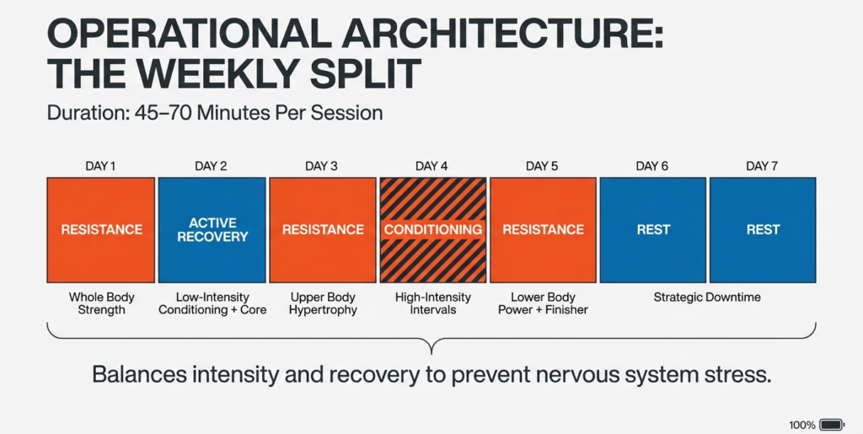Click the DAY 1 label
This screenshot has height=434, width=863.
(x=100, y=166)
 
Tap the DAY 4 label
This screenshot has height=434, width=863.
(x=432, y=166)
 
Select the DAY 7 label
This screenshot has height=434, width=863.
(x=762, y=166)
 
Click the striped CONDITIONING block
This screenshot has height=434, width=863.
(x=432, y=229)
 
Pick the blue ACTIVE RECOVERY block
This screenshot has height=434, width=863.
(x=212, y=229)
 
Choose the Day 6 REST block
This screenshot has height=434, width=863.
(x=653, y=229)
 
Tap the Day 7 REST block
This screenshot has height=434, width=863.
(x=763, y=229)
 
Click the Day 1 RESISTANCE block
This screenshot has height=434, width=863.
(x=100, y=229)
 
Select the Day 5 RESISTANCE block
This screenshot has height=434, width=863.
(x=543, y=229)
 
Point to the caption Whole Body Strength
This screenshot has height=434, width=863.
(x=100, y=303)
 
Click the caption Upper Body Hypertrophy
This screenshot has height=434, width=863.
(x=323, y=303)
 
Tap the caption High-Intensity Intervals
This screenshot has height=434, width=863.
(x=432, y=303)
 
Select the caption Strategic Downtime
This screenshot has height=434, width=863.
(x=707, y=297)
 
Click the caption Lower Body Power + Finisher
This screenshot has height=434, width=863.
(x=543, y=303)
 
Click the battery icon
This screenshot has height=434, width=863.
(x=831, y=425)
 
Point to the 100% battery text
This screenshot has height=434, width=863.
(x=801, y=425)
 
